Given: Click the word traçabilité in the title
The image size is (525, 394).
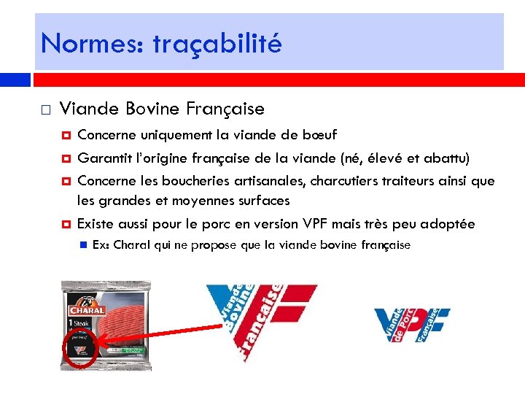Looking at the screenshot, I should pos(217,44).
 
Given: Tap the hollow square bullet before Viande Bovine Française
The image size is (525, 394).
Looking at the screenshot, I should pos(45,111).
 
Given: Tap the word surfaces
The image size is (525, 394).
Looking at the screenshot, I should pos(261,200).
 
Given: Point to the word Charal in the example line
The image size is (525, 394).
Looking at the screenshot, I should pos(132,245).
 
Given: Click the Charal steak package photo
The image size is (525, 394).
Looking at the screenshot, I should pos(106,325).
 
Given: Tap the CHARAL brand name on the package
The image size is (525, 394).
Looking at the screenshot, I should pos(88,309).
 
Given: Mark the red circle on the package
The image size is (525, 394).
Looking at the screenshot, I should pos(79,349).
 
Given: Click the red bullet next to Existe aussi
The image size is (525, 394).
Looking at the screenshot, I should pos(66,224).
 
